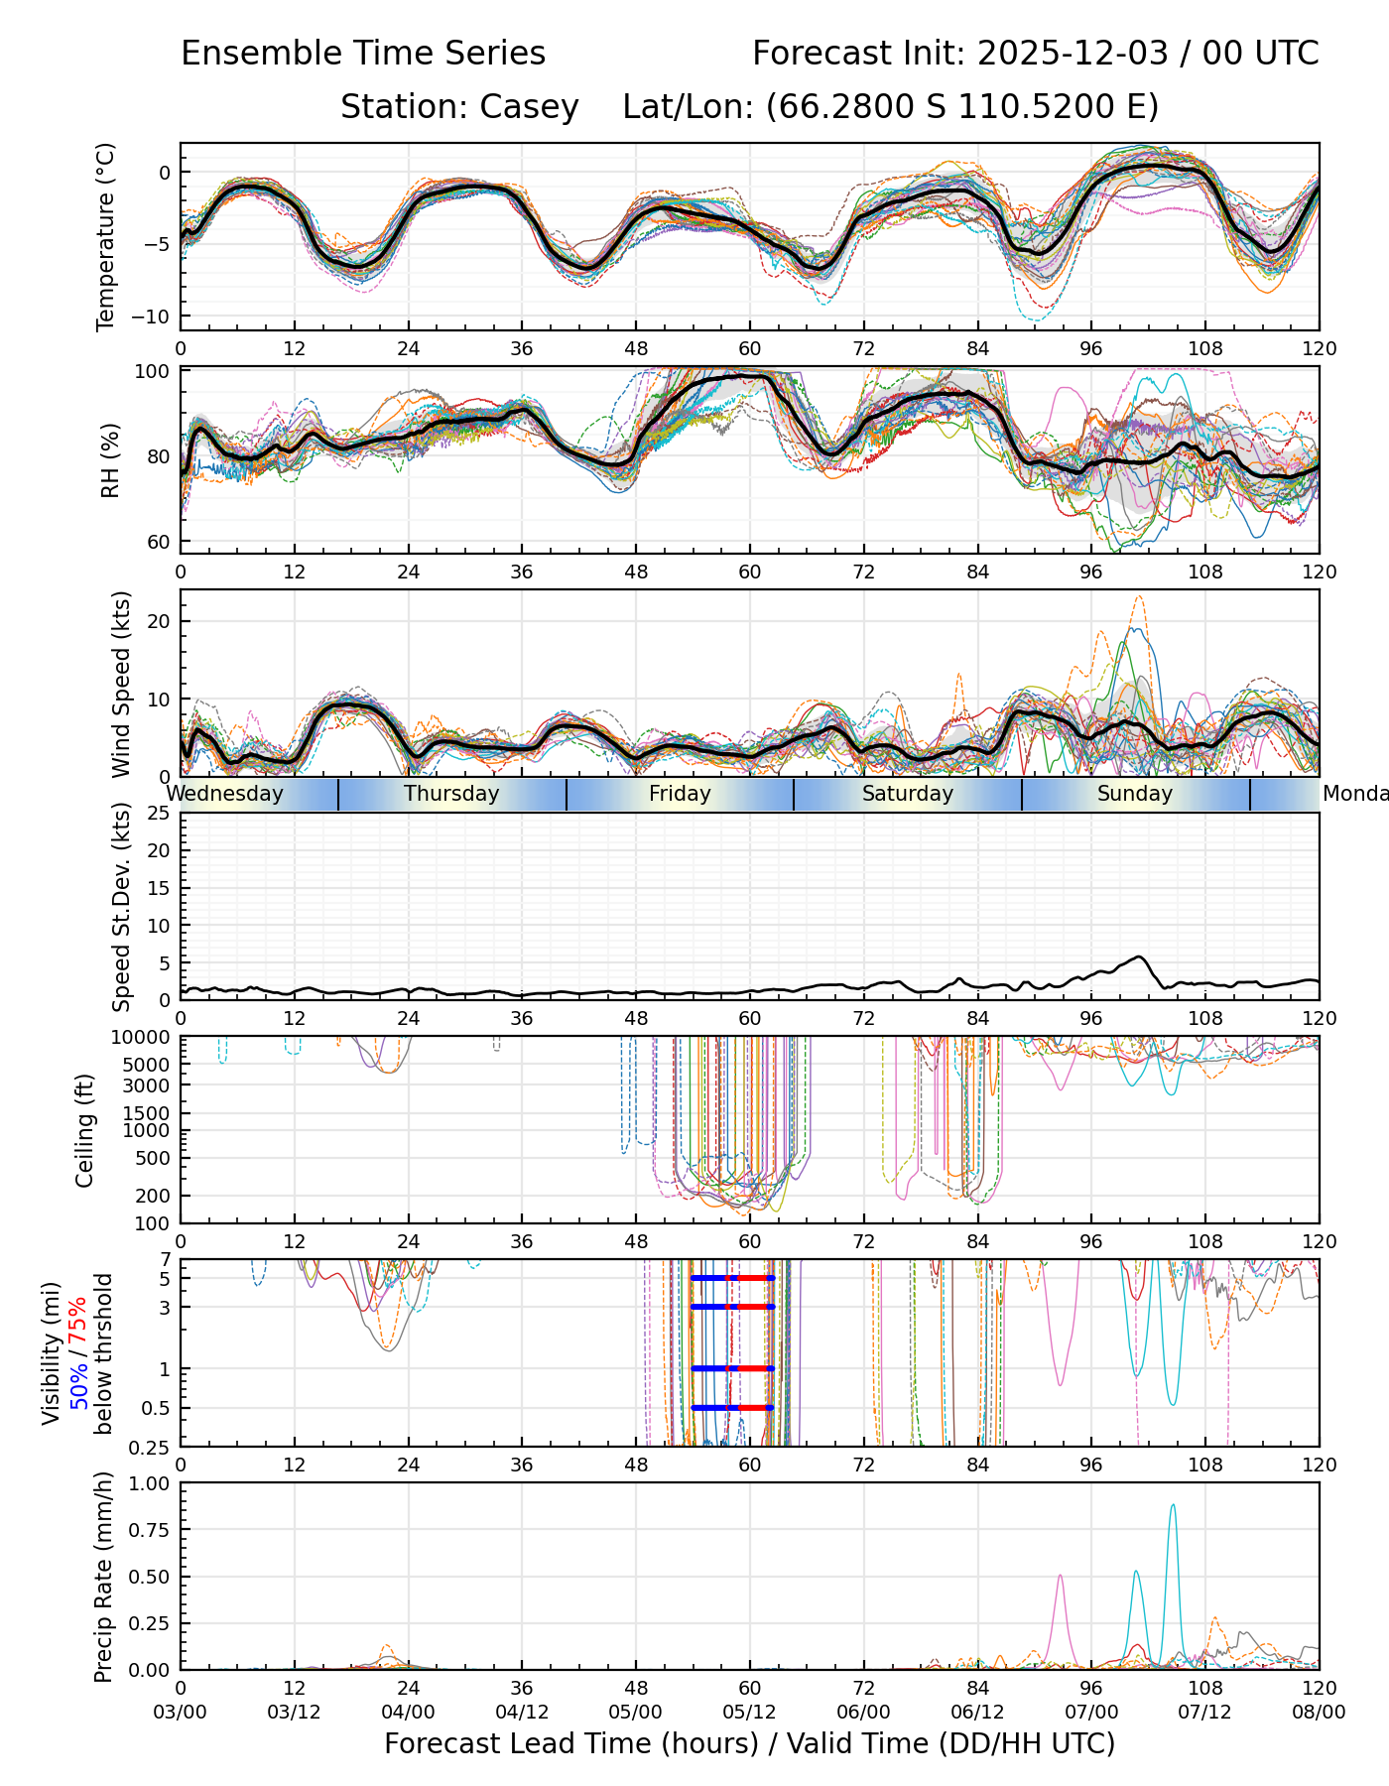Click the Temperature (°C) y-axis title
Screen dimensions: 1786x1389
pyautogui.click(x=106, y=236)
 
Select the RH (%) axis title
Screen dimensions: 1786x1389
pyautogui.click(x=110, y=460)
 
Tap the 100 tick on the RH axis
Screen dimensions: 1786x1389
pyautogui.click(x=153, y=372)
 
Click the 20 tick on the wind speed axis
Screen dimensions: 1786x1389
pyautogui.click(x=159, y=621)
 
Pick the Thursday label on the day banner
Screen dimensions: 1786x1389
pyautogui.click(x=451, y=794)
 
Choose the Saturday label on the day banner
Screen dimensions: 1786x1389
pyautogui.click(x=907, y=794)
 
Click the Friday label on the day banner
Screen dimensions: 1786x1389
pyautogui.click(x=680, y=794)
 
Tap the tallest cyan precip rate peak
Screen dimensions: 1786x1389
pyautogui.click(x=1173, y=1505)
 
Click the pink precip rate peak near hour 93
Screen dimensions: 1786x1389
pyautogui.click(x=1060, y=1576)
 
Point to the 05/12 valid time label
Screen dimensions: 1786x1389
pyautogui.click(x=749, y=1712)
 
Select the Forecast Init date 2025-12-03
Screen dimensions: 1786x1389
pyautogui.click(x=1073, y=54)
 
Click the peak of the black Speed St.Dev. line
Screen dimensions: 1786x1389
pyautogui.click(x=1140, y=957)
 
